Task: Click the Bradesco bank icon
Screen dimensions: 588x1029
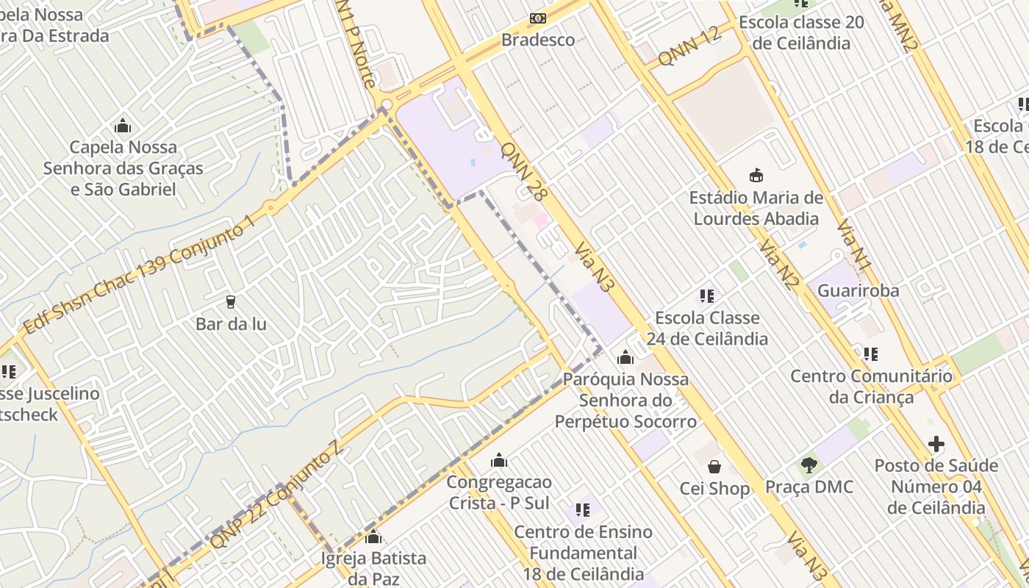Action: tap(538, 18)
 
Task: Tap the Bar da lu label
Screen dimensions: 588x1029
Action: tap(231, 324)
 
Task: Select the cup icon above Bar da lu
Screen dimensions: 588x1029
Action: tap(231, 301)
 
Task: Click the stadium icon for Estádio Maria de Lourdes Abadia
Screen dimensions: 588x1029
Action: tap(756, 175)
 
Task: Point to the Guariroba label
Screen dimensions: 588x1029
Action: tap(858, 291)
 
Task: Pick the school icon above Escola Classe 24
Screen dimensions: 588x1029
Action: tap(706, 296)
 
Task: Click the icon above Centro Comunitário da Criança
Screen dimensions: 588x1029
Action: tap(870, 354)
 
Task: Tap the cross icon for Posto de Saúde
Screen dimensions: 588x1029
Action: tap(936, 444)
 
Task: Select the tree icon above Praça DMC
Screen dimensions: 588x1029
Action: tap(809, 465)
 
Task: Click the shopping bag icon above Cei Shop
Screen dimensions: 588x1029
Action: tap(714, 467)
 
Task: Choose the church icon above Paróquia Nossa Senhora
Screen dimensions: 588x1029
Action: tap(625, 358)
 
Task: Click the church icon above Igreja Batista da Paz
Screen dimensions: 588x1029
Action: tap(373, 537)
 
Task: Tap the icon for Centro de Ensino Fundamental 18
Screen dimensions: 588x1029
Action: tap(583, 509)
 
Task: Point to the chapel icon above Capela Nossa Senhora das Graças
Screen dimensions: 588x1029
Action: tap(123, 126)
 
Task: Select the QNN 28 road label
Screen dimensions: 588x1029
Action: tap(525, 171)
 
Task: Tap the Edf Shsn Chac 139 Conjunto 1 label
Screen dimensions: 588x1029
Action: tap(137, 274)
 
